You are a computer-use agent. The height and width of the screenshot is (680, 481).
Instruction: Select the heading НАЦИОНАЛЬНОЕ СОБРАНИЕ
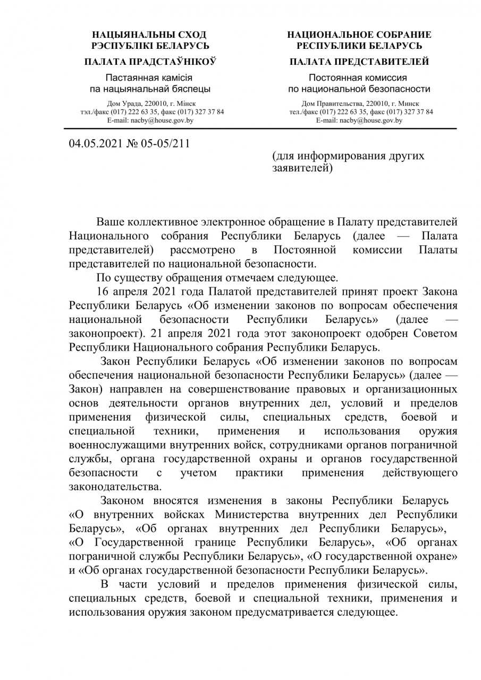coord(359,35)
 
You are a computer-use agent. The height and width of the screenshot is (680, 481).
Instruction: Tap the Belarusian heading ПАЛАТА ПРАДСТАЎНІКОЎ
coord(150,62)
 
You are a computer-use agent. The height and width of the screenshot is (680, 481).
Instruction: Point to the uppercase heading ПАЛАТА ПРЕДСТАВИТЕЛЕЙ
coord(359,62)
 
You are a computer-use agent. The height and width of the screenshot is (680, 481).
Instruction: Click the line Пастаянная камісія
coord(150,77)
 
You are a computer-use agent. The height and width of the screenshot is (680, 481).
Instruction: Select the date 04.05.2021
coord(94,143)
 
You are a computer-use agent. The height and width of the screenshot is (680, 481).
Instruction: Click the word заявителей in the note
coord(299,169)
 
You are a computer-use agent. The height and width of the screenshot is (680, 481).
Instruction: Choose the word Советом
coord(431,334)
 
